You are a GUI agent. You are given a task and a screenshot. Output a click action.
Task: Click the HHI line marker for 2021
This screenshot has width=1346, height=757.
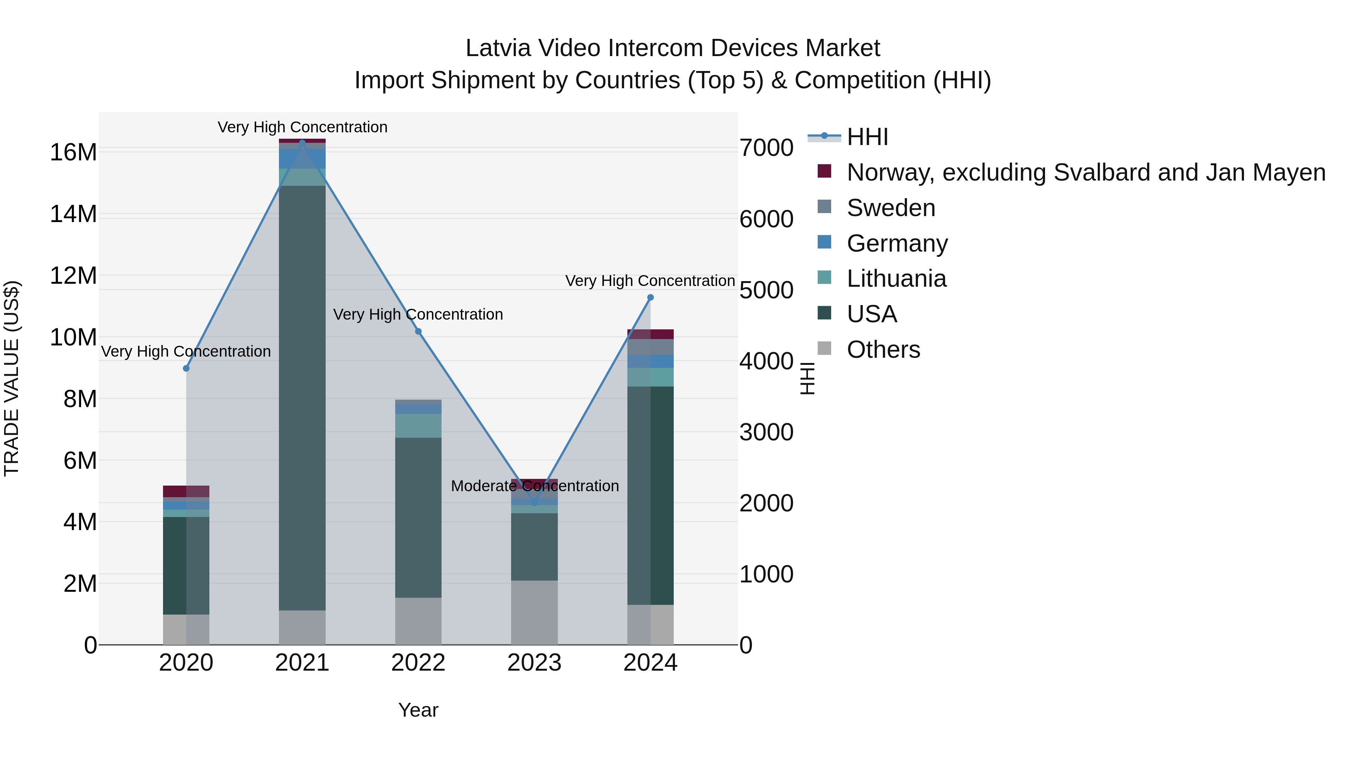[x=302, y=143]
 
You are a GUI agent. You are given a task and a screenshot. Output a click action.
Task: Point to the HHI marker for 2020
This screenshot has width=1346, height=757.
[x=186, y=368]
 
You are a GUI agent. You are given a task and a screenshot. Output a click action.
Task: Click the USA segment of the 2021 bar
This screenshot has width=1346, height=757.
[x=302, y=397]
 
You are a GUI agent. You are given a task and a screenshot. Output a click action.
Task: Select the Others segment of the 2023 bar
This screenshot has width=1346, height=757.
[x=534, y=612]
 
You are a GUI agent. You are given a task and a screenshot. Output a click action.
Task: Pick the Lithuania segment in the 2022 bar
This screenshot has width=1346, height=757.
[x=418, y=426]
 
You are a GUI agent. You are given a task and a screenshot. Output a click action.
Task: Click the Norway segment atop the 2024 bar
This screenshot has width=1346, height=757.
[x=651, y=334]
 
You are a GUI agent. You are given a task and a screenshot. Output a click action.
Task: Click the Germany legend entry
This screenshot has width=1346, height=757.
[x=897, y=243]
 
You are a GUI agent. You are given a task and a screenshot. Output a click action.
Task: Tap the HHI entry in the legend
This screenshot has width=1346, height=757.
[x=867, y=137]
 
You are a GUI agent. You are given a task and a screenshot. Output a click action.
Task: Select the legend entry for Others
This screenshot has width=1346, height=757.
[x=883, y=350]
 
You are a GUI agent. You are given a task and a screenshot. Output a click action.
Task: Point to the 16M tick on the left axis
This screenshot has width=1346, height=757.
[x=73, y=153]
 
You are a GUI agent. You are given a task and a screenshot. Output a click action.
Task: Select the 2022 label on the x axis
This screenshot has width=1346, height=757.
[x=418, y=663]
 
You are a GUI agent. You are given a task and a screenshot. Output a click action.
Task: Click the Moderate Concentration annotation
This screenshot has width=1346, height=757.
[x=535, y=486]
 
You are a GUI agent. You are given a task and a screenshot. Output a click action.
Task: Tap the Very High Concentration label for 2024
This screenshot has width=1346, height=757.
[x=650, y=281]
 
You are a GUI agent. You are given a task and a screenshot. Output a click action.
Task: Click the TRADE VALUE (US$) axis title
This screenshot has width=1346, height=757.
[x=12, y=378]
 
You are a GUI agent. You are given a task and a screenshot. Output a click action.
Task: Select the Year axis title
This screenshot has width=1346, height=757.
[x=418, y=710]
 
